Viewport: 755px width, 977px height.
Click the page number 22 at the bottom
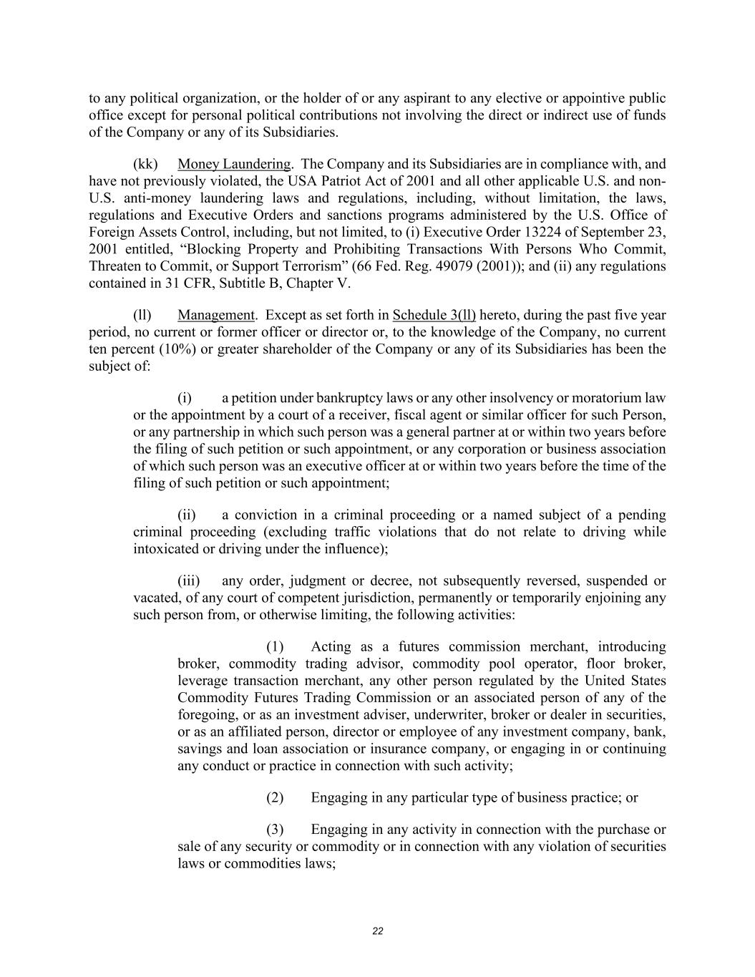coord(378,931)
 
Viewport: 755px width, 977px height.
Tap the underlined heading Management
coord(215,315)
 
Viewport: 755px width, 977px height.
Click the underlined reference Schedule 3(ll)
coord(434,315)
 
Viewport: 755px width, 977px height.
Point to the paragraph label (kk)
coord(145,164)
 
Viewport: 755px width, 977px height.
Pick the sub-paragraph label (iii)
coord(189,580)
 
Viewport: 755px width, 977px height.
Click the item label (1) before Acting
coord(276,646)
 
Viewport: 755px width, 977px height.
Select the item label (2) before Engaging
coord(276,797)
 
